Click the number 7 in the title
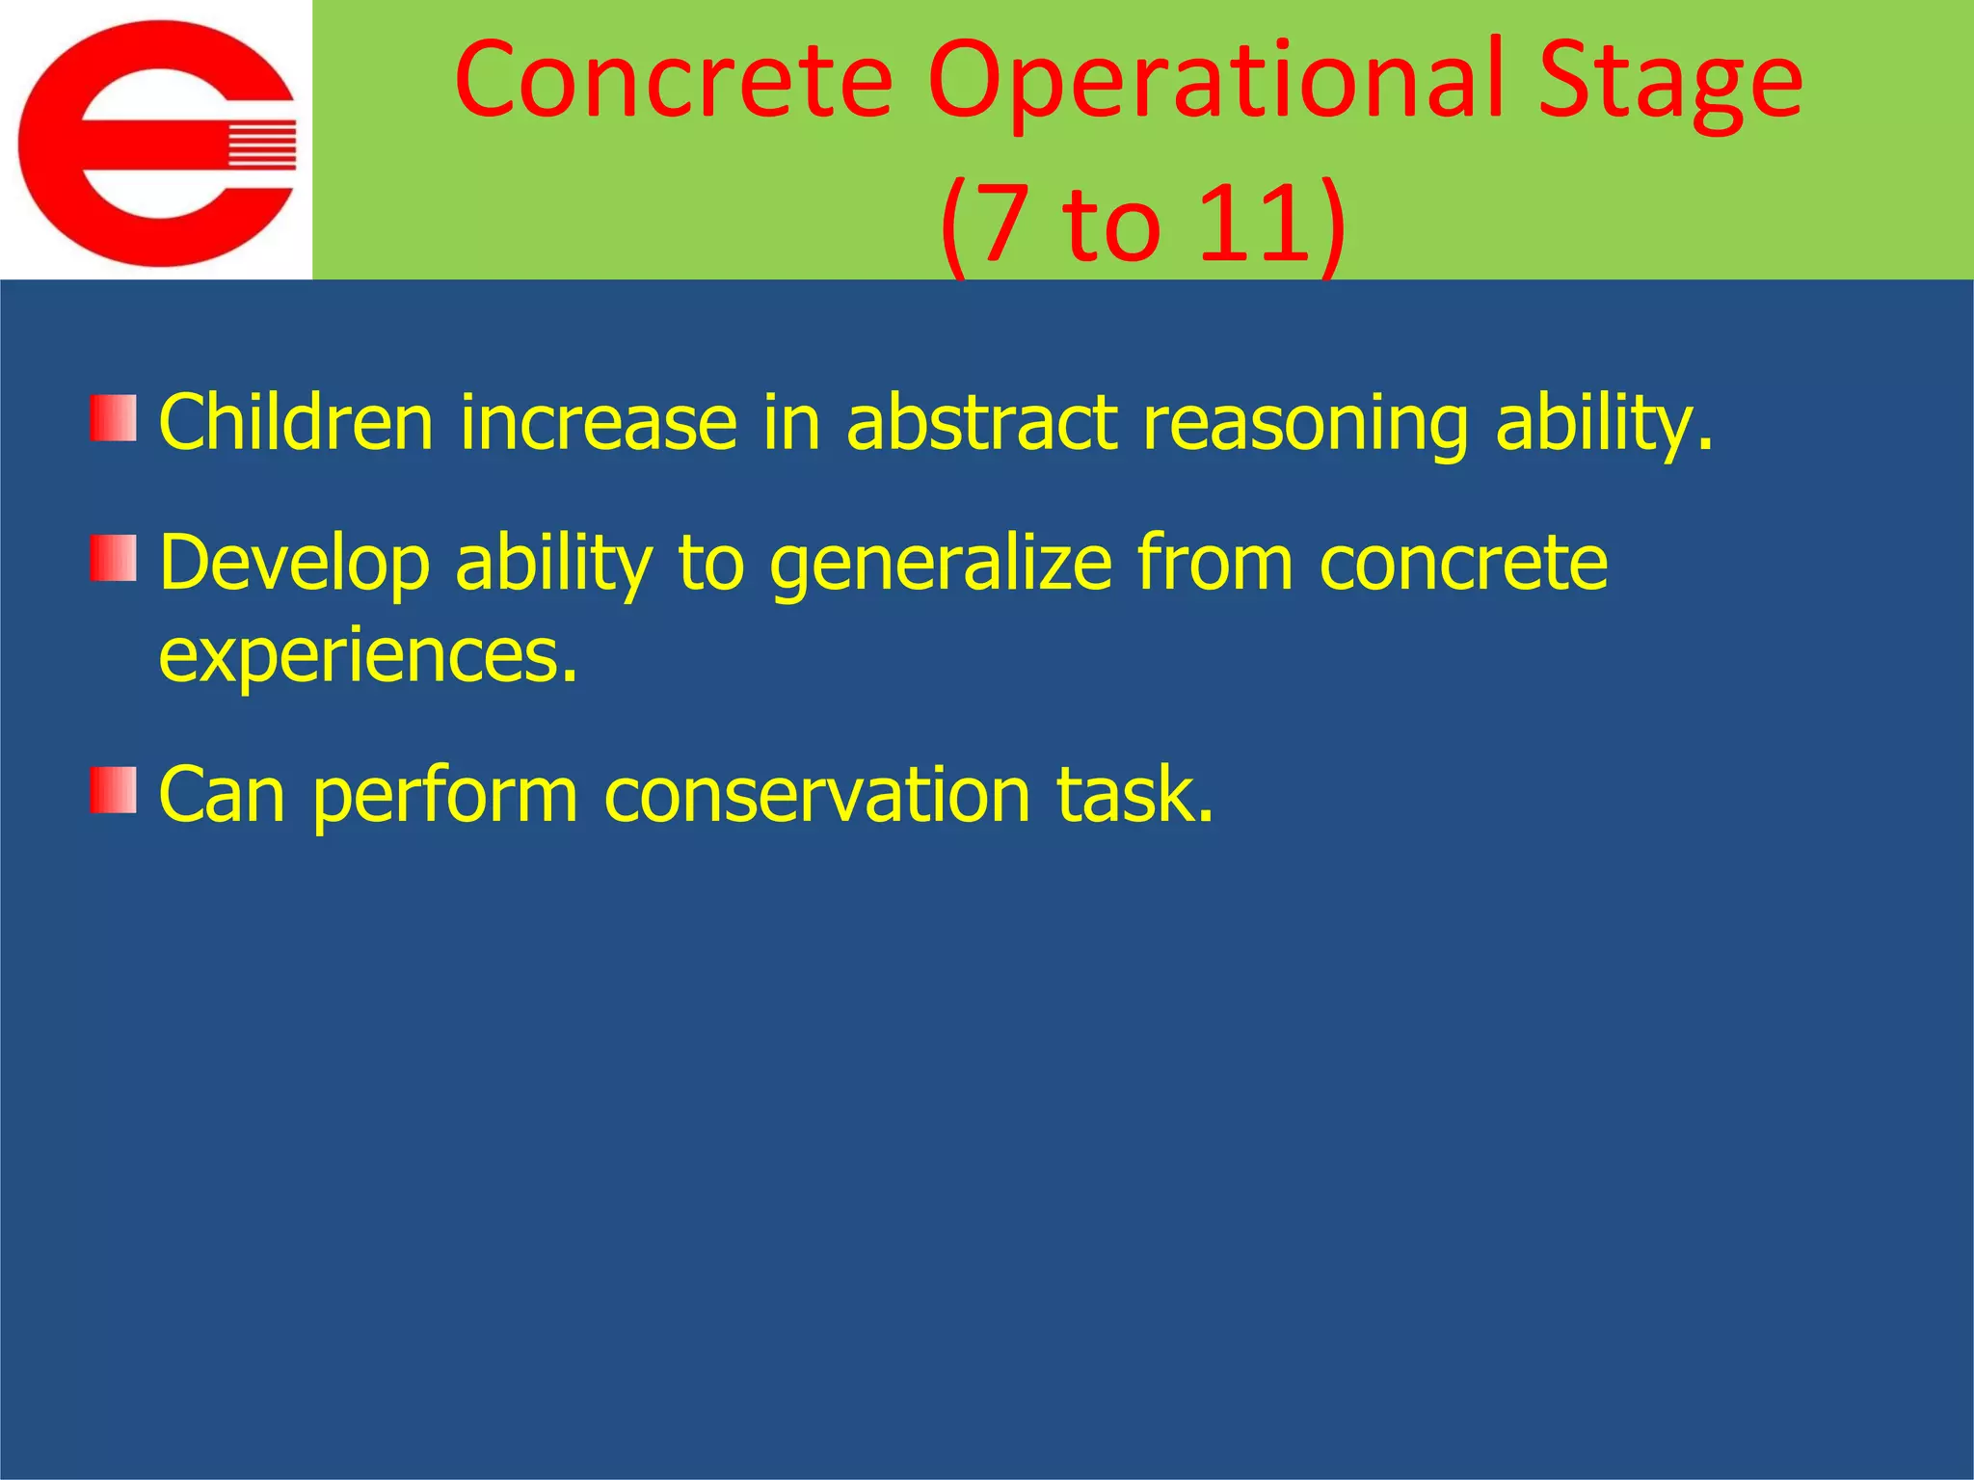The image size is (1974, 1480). click(1003, 224)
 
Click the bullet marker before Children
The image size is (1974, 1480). click(114, 418)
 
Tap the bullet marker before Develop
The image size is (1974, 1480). click(114, 559)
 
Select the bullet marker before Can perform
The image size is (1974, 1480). click(114, 790)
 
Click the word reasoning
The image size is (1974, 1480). click(1305, 424)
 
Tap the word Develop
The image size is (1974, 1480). click(294, 565)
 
